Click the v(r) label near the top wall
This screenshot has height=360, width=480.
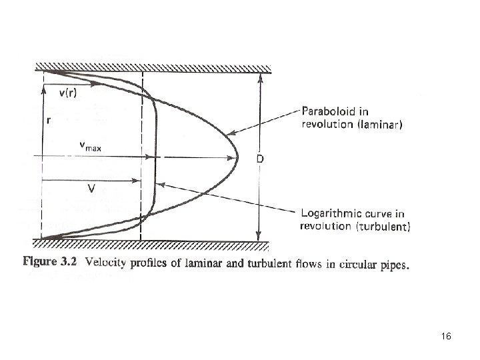coord(66,93)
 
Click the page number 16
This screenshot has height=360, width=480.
coord(447,338)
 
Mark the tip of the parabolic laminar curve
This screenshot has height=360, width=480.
coord(238,158)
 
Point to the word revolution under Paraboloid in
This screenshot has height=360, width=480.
coord(327,124)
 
